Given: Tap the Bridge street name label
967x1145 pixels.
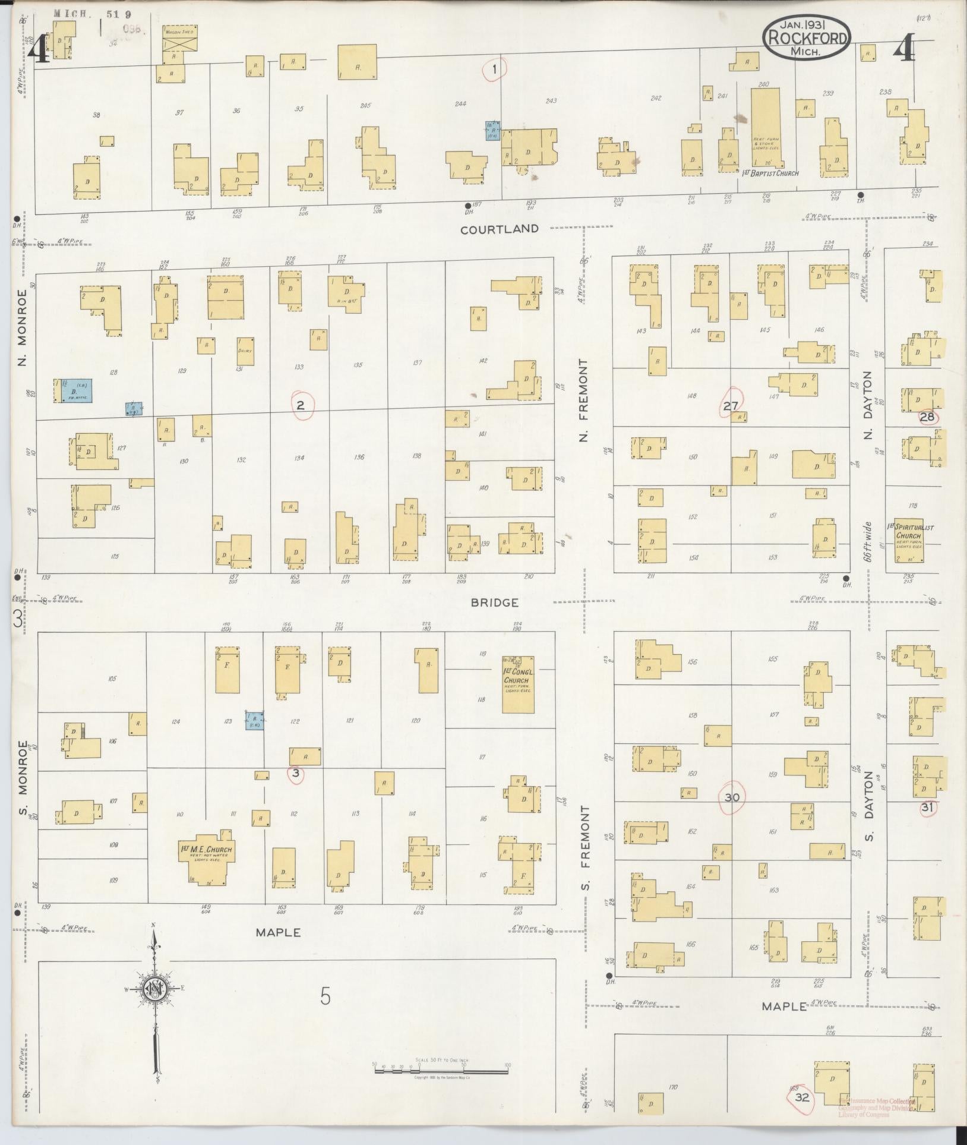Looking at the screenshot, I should (x=495, y=603).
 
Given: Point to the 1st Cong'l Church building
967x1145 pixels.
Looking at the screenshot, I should (x=517, y=684).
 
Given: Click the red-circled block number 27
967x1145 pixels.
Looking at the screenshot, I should (x=731, y=406).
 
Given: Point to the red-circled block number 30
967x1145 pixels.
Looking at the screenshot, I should (x=732, y=797).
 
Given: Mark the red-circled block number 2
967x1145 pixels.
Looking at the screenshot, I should (x=301, y=406).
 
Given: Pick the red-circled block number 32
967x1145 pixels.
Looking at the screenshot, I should (x=802, y=1081).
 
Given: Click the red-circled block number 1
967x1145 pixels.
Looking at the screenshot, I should (x=495, y=70).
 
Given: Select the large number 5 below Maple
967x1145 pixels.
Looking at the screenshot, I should (x=325, y=996).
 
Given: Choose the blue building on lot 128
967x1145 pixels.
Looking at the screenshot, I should (x=75, y=392).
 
